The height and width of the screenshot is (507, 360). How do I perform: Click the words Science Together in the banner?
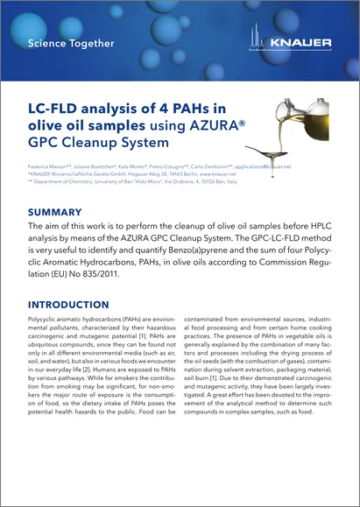pos(71,43)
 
